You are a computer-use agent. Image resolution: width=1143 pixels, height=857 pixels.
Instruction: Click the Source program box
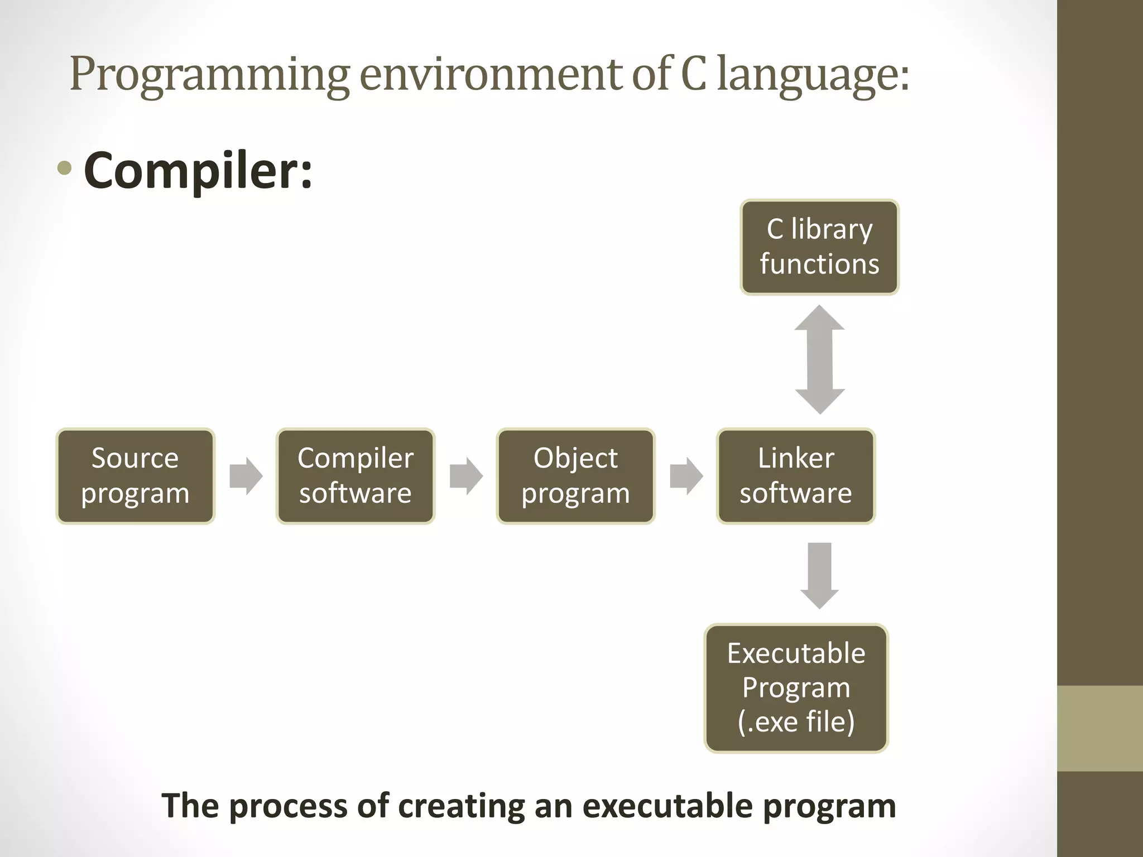135,476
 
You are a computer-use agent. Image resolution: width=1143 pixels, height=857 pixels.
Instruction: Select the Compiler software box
356,476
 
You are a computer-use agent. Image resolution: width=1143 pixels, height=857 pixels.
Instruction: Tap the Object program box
575,476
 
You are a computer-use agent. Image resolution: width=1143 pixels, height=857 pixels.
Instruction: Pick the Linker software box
796,476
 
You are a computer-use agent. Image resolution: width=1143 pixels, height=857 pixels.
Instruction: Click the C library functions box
819,247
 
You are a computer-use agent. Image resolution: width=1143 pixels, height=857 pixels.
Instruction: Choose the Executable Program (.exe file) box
796,688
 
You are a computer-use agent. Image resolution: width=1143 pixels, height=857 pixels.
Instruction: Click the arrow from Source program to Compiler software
246,476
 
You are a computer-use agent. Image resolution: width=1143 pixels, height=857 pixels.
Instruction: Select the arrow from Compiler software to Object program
466,476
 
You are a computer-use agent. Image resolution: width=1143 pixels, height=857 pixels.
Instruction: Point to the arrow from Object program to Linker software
686,476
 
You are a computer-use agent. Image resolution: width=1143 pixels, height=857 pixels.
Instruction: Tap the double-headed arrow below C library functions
819,360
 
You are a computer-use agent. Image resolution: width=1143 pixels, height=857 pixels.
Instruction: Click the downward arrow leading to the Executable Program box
819,575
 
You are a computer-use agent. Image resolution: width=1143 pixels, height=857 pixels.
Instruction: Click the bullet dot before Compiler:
65,168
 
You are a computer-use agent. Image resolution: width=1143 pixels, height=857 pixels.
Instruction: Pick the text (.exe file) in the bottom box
796,721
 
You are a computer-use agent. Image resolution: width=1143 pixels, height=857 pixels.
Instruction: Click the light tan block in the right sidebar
1099,728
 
